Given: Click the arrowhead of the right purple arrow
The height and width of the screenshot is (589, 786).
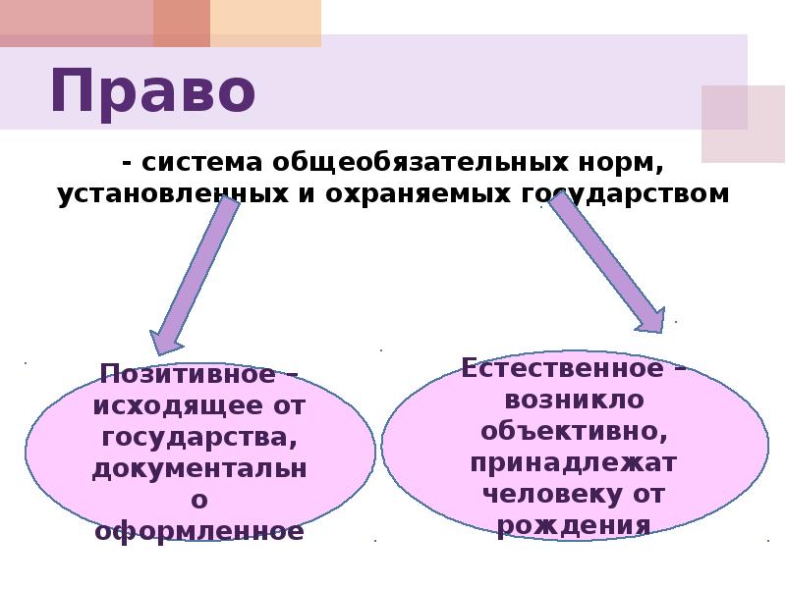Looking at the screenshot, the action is [648, 319].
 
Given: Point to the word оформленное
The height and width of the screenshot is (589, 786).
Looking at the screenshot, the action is [199, 531].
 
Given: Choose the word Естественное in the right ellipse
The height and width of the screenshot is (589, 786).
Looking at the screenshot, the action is [563, 369].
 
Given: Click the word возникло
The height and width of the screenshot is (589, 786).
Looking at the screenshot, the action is [574, 400].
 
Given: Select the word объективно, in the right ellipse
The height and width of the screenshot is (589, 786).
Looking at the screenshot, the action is [575, 430].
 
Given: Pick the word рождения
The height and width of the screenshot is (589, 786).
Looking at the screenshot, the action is [574, 523].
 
